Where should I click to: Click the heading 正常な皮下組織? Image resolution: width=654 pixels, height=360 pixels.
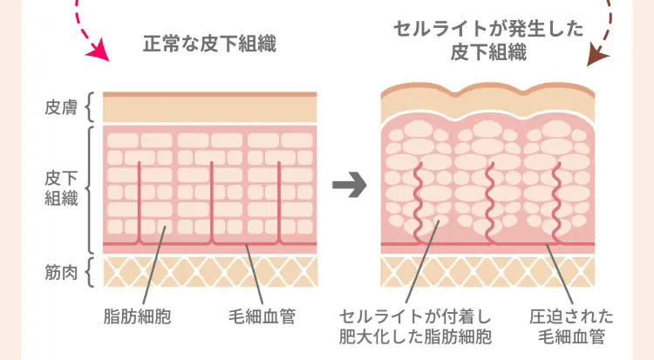[x=208, y=44]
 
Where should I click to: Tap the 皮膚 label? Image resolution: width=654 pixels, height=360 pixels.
[x=60, y=108]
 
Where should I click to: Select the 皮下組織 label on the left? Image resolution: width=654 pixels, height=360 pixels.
[x=60, y=187]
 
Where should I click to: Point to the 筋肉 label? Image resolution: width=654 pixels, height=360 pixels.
[x=60, y=271]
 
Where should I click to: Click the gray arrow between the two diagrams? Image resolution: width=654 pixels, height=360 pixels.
[x=349, y=187]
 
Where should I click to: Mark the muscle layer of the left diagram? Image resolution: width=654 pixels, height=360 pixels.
[x=209, y=271]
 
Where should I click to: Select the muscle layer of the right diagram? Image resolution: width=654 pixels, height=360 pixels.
[x=487, y=271]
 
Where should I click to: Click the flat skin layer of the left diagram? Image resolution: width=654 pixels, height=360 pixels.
[x=209, y=109]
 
